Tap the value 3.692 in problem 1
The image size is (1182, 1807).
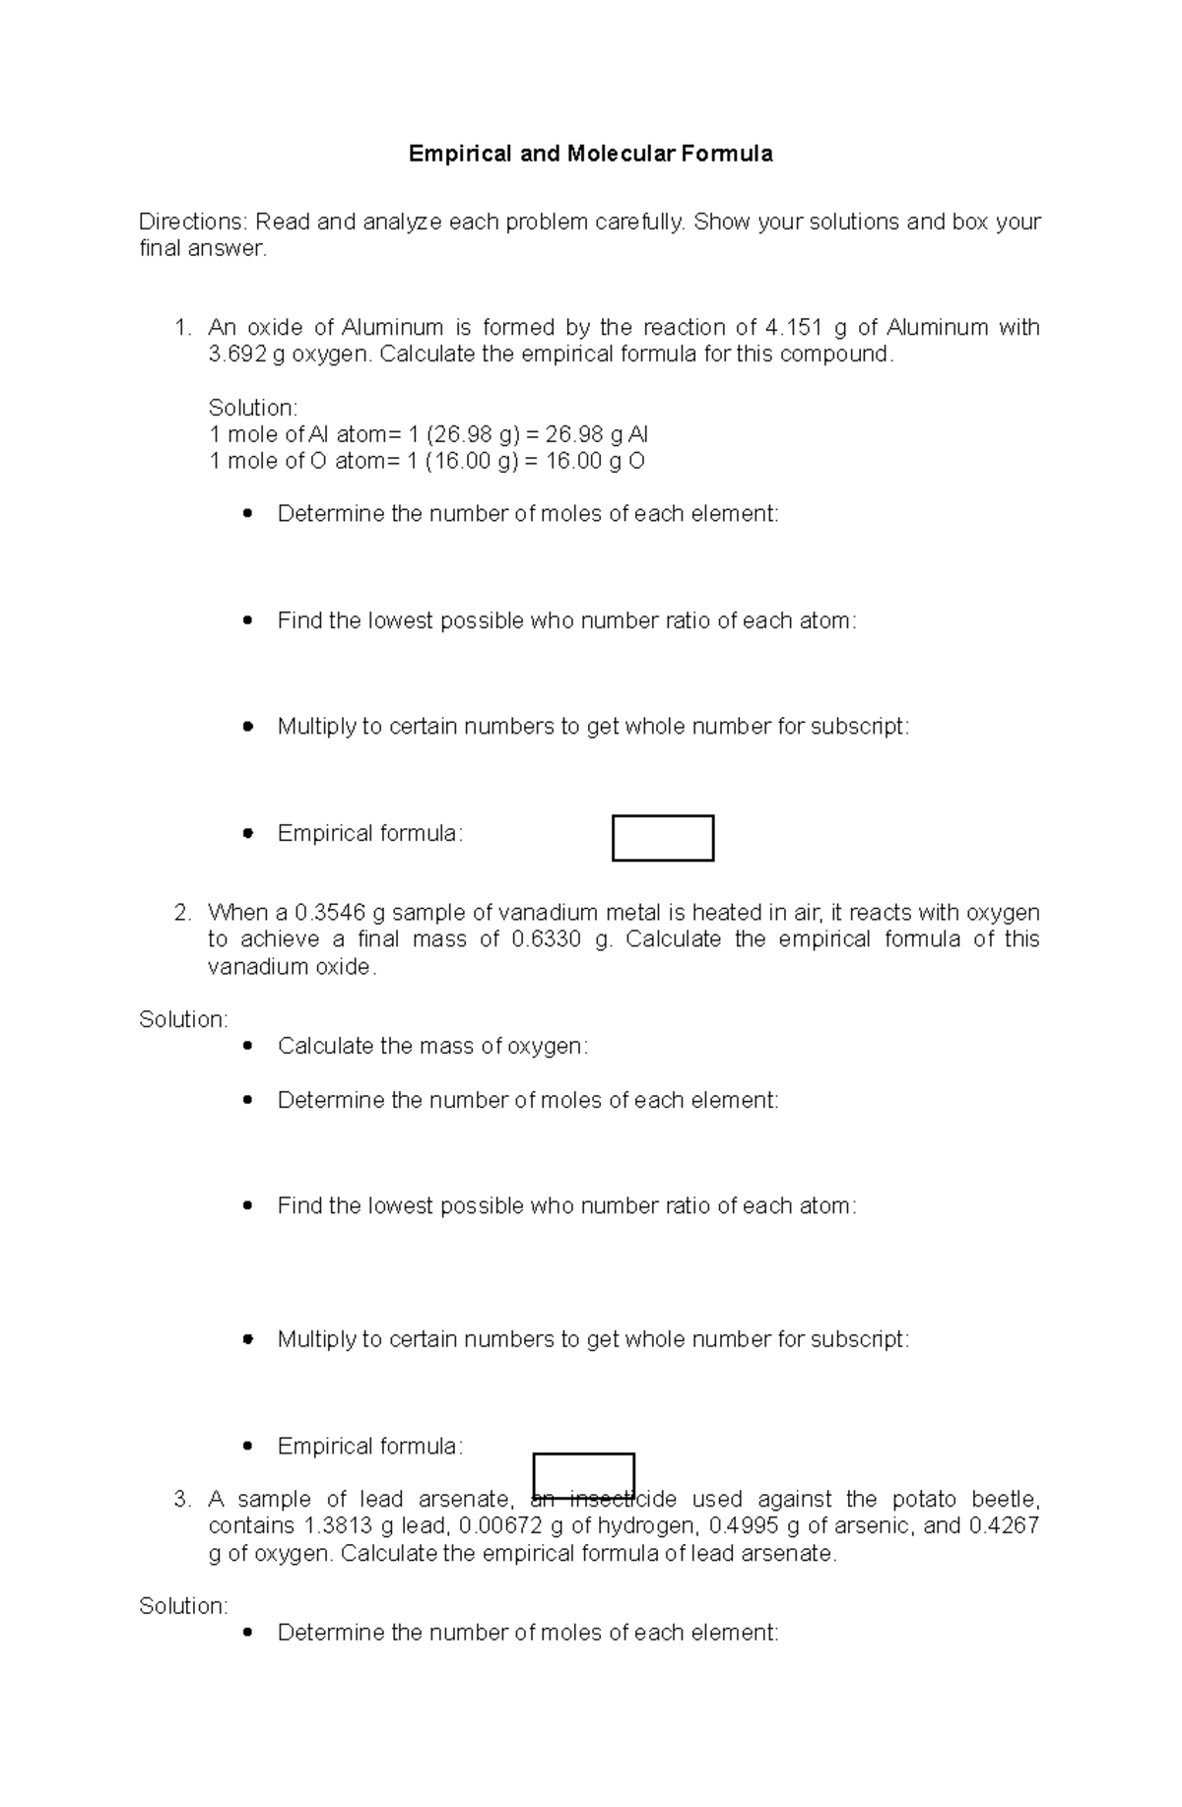click(237, 355)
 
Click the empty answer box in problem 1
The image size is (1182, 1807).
click(662, 838)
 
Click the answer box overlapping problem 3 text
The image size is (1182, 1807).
click(583, 1474)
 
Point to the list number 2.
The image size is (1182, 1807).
click(182, 913)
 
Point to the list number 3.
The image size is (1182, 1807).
click(182, 1500)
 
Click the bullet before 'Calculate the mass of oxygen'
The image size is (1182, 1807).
click(247, 1046)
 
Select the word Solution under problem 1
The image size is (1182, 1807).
click(252, 408)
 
